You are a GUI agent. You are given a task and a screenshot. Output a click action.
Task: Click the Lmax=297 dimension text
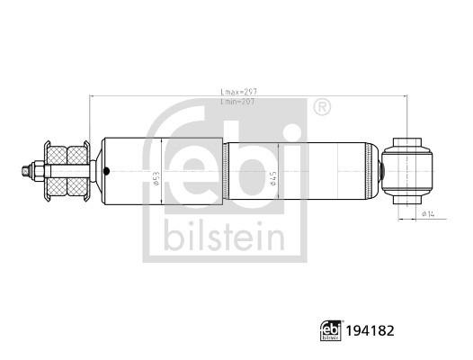(238, 91)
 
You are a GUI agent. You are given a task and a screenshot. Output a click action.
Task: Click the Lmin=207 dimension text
(238, 102)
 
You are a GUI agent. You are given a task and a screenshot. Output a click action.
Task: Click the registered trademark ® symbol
(321, 108)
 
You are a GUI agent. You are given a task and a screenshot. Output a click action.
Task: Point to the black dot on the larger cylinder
(107, 170)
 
